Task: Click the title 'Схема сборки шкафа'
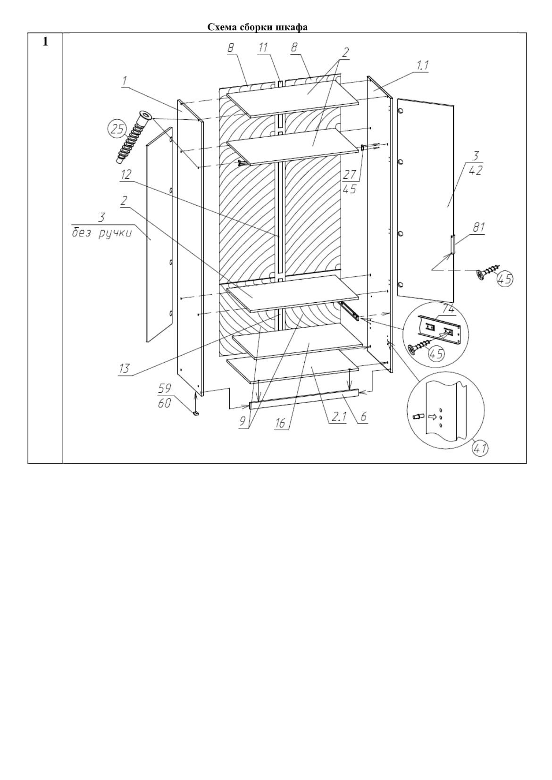pyautogui.click(x=258, y=27)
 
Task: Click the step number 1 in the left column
pyautogui.click(x=45, y=42)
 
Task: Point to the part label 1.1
pyautogui.click(x=422, y=66)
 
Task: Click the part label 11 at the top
pyautogui.click(x=263, y=47)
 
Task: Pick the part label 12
pyautogui.click(x=125, y=175)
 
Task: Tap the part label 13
pyautogui.click(x=124, y=368)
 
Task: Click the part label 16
pyautogui.click(x=280, y=423)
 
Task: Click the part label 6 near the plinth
pyautogui.click(x=363, y=417)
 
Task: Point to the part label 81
pyautogui.click(x=478, y=227)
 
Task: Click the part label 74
pyautogui.click(x=448, y=309)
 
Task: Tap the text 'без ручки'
pyautogui.click(x=101, y=233)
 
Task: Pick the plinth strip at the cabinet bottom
pyautogui.click(x=304, y=398)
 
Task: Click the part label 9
pyautogui.click(x=243, y=421)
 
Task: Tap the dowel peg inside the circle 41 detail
pyautogui.click(x=417, y=416)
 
